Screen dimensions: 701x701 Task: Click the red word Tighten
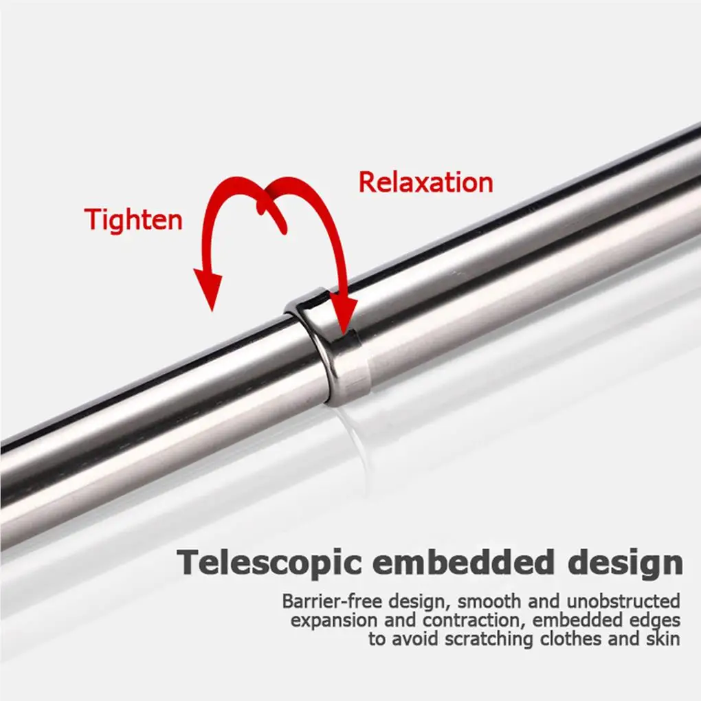click(x=133, y=219)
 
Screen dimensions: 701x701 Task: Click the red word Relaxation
click(x=425, y=183)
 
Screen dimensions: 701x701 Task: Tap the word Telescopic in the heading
click(x=269, y=562)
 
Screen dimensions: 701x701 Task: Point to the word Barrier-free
click(x=326, y=602)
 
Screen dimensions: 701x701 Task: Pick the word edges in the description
click(x=653, y=621)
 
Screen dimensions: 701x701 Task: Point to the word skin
click(x=665, y=639)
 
